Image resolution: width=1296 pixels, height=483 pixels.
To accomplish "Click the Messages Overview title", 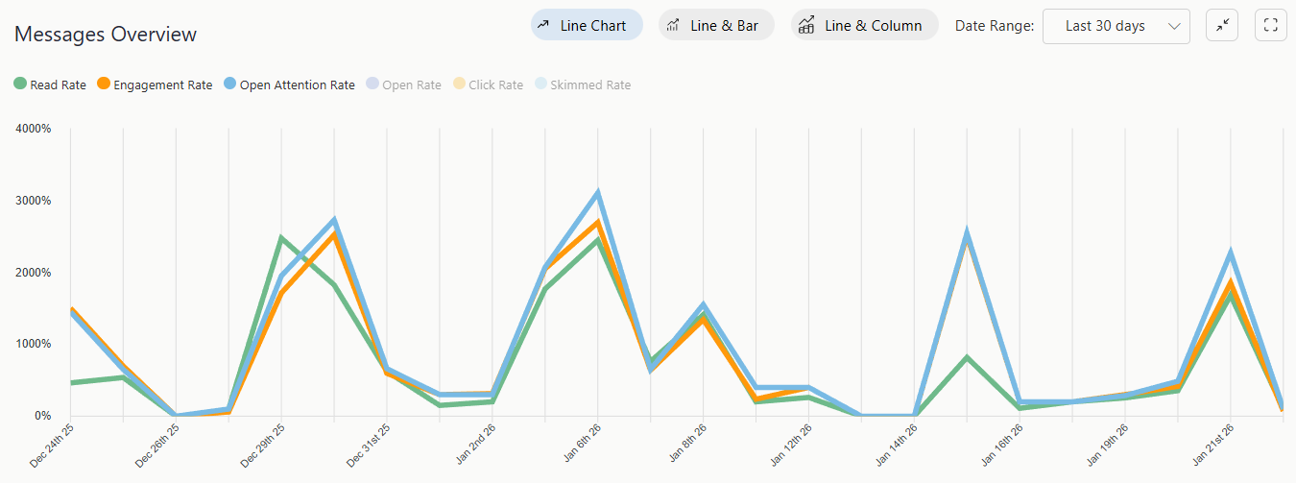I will click(106, 35).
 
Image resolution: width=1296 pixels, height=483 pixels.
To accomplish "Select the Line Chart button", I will click(587, 26).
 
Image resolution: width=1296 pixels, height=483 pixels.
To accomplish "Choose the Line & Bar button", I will click(716, 26).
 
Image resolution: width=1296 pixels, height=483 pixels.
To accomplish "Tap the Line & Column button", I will click(864, 26).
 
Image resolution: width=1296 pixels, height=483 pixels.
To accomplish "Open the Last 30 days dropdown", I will click(1116, 26).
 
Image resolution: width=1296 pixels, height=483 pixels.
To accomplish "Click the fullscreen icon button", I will click(1270, 26).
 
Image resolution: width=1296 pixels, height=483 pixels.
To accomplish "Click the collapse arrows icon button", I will click(1222, 26).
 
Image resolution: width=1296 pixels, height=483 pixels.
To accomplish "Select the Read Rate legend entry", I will click(50, 85).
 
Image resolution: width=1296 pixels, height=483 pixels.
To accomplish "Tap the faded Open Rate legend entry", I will click(403, 85).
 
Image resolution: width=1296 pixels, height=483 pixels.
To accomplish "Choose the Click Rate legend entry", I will click(488, 85).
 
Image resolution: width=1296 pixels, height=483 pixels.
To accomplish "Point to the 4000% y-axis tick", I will click(34, 129).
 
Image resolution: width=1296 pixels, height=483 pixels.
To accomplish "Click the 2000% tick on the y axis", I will click(34, 273).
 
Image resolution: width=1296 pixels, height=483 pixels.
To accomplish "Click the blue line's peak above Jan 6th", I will click(597, 193).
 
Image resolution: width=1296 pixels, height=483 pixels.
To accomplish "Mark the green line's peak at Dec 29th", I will click(281, 237).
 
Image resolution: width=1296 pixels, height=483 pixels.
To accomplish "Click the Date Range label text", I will click(994, 26).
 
